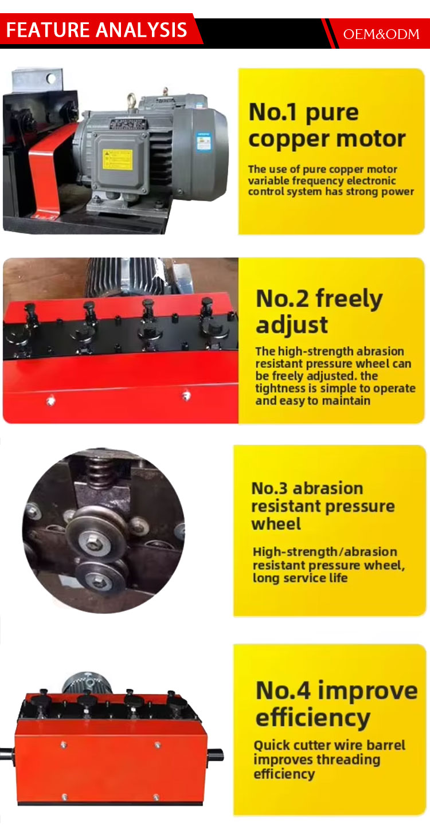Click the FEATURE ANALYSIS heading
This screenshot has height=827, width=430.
[96, 30]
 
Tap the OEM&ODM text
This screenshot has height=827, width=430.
[381, 34]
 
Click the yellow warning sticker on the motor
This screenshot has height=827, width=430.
[118, 159]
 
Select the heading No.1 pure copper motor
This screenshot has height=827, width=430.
[327, 126]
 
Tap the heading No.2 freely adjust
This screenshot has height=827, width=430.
[319, 312]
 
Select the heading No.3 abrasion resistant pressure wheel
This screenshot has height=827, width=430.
[323, 506]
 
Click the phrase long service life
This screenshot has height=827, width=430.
[300, 578]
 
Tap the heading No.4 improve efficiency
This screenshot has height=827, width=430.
[337, 704]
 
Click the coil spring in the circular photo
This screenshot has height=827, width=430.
[99, 467]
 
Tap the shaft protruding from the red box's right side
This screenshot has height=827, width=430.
[216, 755]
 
